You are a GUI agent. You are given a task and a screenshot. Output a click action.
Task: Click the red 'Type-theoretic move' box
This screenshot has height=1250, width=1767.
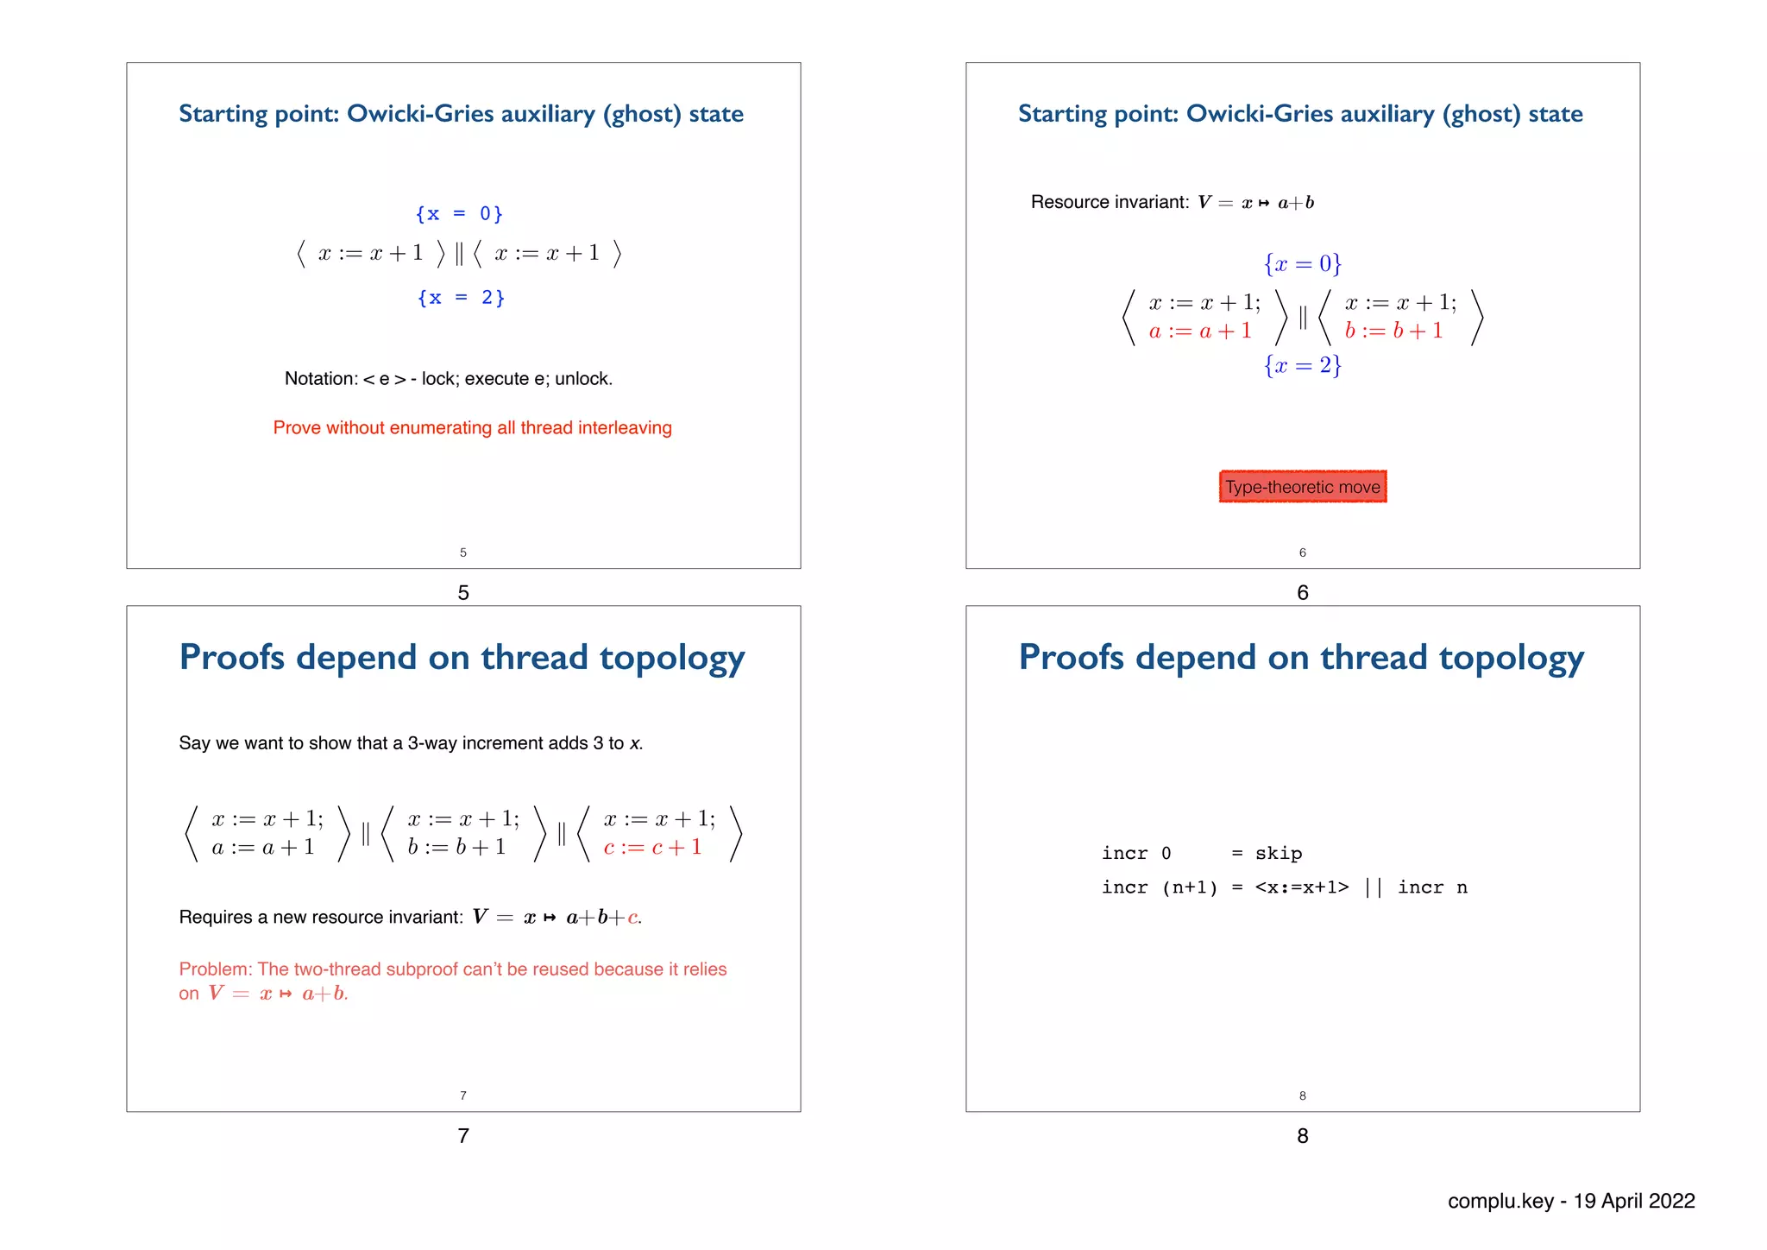tap(1302, 487)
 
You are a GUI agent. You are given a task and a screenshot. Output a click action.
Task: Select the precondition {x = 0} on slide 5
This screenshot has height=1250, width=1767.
tap(459, 214)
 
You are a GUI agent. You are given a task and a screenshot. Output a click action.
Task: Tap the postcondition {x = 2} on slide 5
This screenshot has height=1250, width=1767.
tap(461, 298)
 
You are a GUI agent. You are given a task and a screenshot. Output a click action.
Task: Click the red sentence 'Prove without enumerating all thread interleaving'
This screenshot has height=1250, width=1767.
tap(472, 428)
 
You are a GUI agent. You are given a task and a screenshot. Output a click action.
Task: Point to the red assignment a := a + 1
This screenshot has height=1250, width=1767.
tap(1199, 331)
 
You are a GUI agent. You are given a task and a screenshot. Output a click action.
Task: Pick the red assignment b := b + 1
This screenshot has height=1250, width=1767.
tap(1393, 331)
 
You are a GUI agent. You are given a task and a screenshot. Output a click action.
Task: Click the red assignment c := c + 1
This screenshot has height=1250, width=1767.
tap(652, 848)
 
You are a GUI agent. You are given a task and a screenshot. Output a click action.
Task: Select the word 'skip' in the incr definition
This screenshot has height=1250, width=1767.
tap(1279, 854)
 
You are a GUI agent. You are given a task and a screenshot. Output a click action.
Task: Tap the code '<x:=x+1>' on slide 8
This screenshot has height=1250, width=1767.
tap(1301, 887)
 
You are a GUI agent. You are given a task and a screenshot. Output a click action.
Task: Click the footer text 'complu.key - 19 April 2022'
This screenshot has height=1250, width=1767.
tap(1571, 1201)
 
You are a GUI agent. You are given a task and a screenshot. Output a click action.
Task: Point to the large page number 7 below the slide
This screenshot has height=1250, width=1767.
tap(463, 1136)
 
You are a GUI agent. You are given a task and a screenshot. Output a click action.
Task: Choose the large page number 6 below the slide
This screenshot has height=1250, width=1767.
tap(1303, 593)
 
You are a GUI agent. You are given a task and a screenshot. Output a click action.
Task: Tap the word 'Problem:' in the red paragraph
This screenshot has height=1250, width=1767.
tap(216, 969)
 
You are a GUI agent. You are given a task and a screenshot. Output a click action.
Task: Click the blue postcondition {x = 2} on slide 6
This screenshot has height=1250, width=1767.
tap(1303, 366)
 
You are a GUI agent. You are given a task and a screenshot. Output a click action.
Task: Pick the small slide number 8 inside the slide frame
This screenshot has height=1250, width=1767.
tap(1303, 1096)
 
